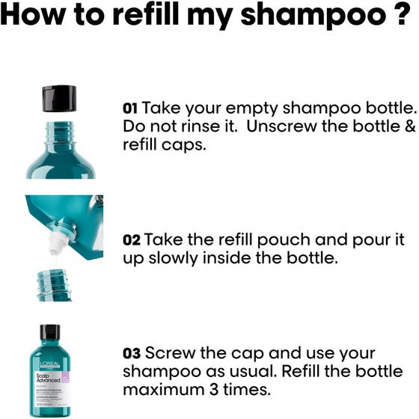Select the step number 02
(x=131, y=240)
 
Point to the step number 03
(x=132, y=352)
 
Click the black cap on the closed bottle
(x=49, y=331)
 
